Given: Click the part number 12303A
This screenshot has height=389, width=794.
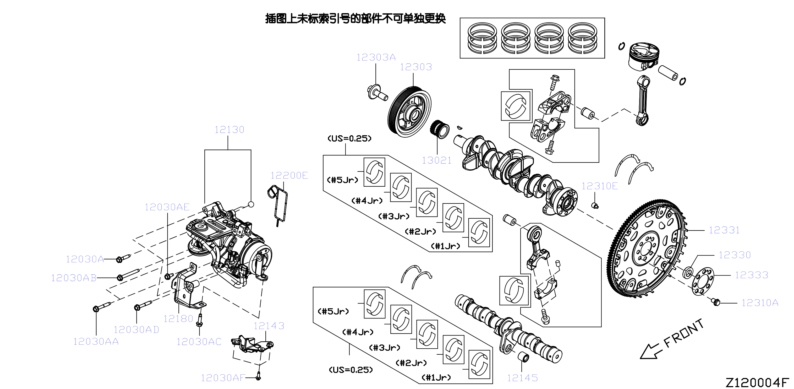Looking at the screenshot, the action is coord(376,57).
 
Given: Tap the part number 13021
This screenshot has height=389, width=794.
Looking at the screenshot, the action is coord(436,160).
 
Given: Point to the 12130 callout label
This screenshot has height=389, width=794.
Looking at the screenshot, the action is coord(229,129).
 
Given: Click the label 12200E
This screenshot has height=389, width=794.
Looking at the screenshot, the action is coord(289,176).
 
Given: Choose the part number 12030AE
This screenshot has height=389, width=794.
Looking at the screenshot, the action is coord(167,207).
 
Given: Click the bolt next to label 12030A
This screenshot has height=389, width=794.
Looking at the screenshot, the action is coord(123,258).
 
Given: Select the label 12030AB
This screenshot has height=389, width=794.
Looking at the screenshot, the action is coord(74,278).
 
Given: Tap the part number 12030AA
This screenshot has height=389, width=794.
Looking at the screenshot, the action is coord(96,342).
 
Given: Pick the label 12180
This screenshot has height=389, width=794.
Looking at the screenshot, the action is coord(178,319).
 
